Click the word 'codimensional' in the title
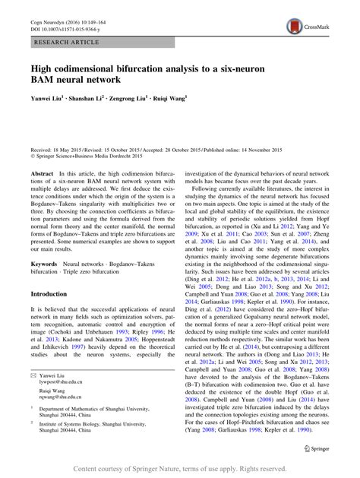point(94,68)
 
